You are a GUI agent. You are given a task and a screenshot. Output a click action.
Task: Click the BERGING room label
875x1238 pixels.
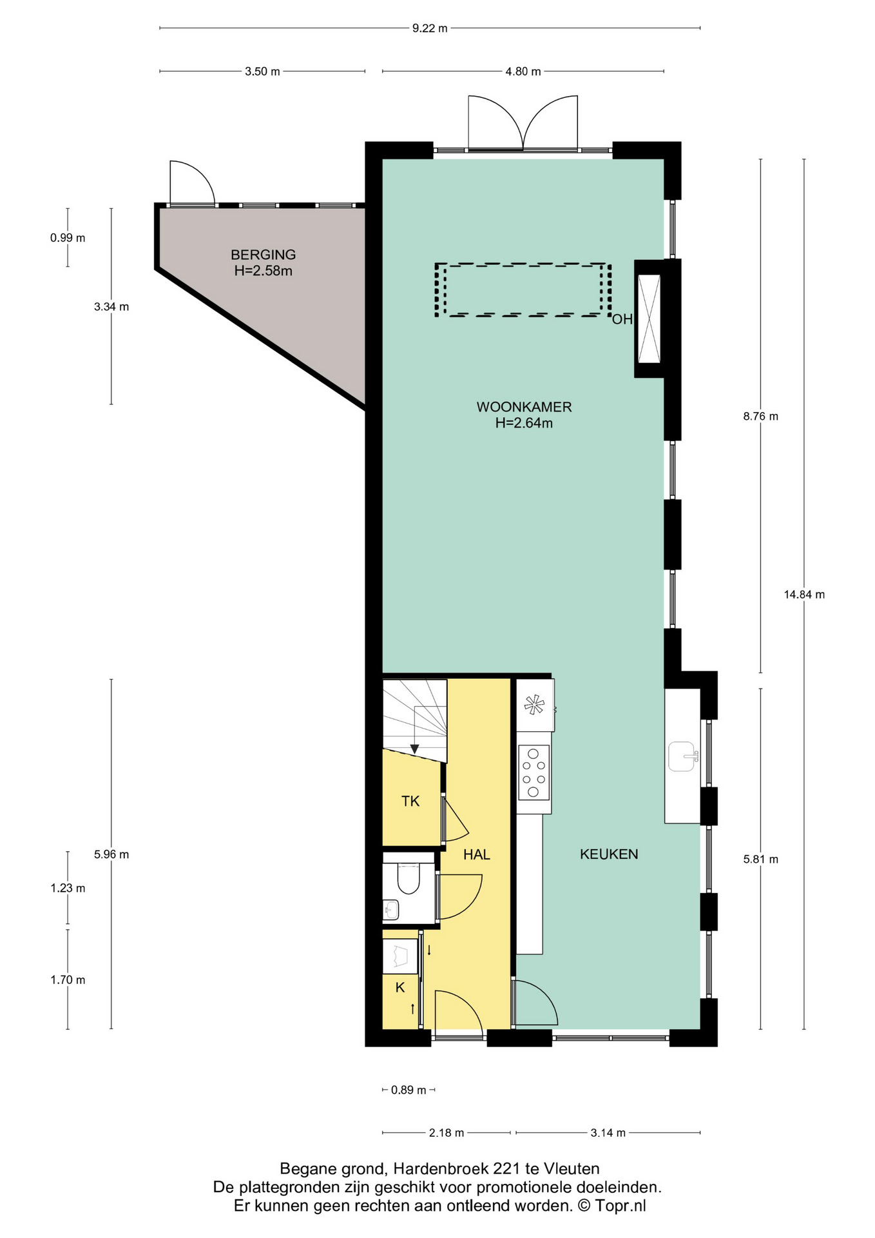[x=263, y=255]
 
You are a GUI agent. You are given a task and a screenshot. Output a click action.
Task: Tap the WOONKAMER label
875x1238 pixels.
[x=524, y=407]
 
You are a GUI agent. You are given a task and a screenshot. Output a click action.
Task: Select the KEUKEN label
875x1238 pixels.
[x=609, y=854]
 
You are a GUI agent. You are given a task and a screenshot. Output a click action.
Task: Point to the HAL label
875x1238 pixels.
[x=477, y=854]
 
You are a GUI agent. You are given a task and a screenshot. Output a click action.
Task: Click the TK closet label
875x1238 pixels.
[x=410, y=801]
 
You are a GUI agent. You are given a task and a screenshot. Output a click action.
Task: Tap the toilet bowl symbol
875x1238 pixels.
[x=409, y=877]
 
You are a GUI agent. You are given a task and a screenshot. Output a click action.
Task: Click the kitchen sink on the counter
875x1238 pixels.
[x=682, y=756]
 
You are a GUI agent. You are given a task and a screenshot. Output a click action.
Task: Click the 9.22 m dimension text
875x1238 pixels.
[x=430, y=28]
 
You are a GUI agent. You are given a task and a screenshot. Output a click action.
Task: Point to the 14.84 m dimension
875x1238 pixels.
[x=804, y=594]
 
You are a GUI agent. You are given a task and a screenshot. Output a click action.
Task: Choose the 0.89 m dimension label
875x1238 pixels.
[x=409, y=1090]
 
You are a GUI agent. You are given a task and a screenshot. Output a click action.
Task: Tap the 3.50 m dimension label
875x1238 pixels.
[x=262, y=72]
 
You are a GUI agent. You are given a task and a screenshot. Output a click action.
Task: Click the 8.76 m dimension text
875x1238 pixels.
[x=760, y=417]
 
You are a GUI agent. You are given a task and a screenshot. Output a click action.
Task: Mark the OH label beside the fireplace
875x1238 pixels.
[x=622, y=319]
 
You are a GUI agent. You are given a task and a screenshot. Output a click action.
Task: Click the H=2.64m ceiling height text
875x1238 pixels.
[x=524, y=424]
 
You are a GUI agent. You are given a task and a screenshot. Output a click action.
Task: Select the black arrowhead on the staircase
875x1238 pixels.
[x=415, y=749]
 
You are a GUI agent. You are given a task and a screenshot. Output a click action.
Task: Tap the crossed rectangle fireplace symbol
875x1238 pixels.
[x=649, y=319]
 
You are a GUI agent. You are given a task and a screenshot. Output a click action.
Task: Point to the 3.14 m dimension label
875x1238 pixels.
[x=608, y=1133]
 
